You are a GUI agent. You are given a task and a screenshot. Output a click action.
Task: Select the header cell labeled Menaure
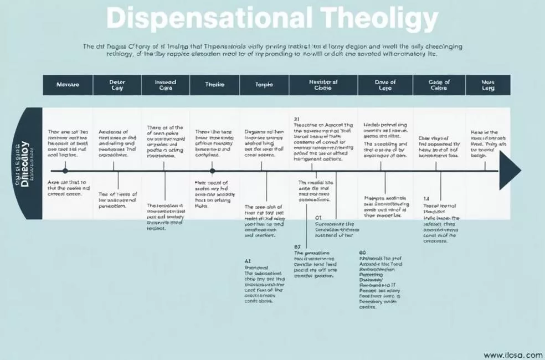click(68, 85)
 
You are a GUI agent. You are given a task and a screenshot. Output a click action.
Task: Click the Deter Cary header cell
click(117, 85)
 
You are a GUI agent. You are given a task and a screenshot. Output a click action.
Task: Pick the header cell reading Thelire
click(214, 85)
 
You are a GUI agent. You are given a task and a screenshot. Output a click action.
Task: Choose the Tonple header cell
click(264, 85)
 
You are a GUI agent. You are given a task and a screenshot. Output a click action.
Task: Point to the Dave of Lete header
click(385, 85)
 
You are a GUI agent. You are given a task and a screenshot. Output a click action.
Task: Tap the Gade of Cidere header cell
click(439, 85)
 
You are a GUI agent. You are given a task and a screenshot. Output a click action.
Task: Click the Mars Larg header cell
click(488, 85)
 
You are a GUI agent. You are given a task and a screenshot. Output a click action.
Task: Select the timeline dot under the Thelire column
click(212, 171)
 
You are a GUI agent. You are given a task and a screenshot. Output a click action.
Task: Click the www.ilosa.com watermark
click(513, 355)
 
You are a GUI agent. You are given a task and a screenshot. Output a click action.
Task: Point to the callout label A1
click(248, 260)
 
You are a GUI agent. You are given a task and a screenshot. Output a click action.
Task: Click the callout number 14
click(426, 198)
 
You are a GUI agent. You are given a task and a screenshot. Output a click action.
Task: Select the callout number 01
click(318, 218)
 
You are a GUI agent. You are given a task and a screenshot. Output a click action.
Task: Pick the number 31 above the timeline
click(296, 119)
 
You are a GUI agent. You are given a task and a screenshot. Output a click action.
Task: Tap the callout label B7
click(297, 246)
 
